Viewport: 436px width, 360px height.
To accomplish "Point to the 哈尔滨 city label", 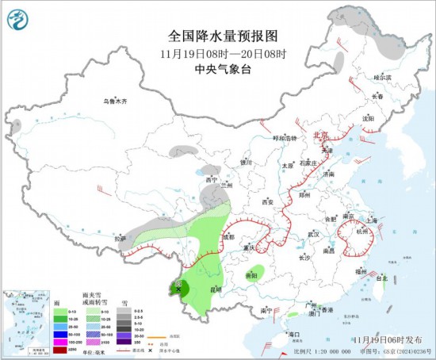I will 383,78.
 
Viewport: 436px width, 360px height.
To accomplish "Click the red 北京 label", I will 321,136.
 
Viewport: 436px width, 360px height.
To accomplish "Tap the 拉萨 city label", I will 119,238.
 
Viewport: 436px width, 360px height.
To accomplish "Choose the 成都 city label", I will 228,236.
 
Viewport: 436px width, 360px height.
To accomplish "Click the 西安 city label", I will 267,202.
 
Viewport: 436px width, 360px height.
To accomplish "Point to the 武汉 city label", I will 314,235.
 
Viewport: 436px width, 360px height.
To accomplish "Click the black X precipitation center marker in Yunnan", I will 178,289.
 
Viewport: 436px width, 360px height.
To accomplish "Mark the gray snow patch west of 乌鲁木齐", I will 16,125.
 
